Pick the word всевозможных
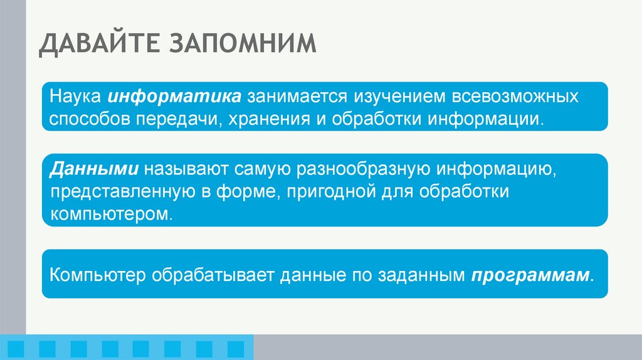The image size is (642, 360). click(x=492, y=98)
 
